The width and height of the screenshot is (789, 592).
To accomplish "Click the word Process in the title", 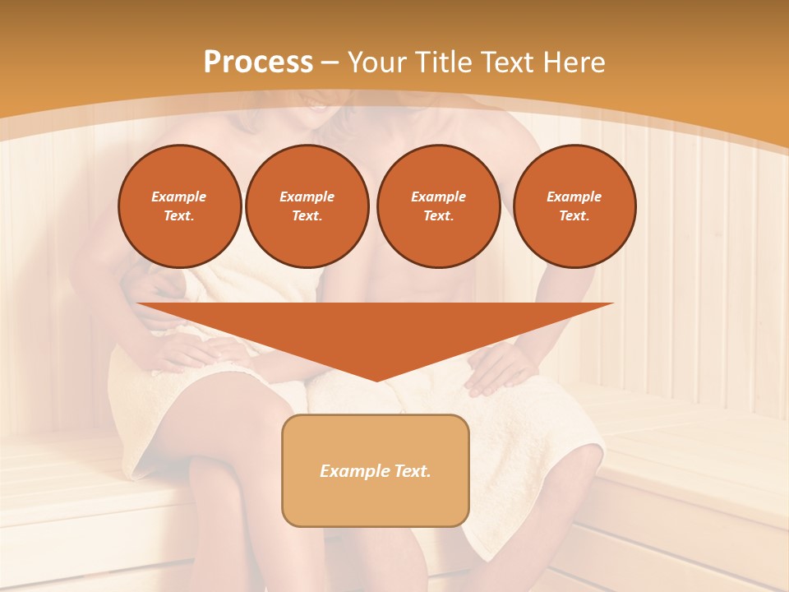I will pyautogui.click(x=258, y=62).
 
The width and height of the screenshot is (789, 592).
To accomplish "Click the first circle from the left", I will pyautogui.click(x=179, y=206).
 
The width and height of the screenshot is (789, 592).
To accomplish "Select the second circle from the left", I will pyautogui.click(x=307, y=206).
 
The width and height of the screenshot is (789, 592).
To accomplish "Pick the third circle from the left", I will pyautogui.click(x=438, y=206).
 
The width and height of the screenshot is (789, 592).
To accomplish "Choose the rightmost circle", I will pyautogui.click(x=574, y=206).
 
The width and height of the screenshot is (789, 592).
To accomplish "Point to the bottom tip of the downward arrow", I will pyautogui.click(x=376, y=380).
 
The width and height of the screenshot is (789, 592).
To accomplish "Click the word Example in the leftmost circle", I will pyautogui.click(x=179, y=197).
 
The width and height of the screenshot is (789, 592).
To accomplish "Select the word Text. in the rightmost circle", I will pyautogui.click(x=574, y=215).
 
